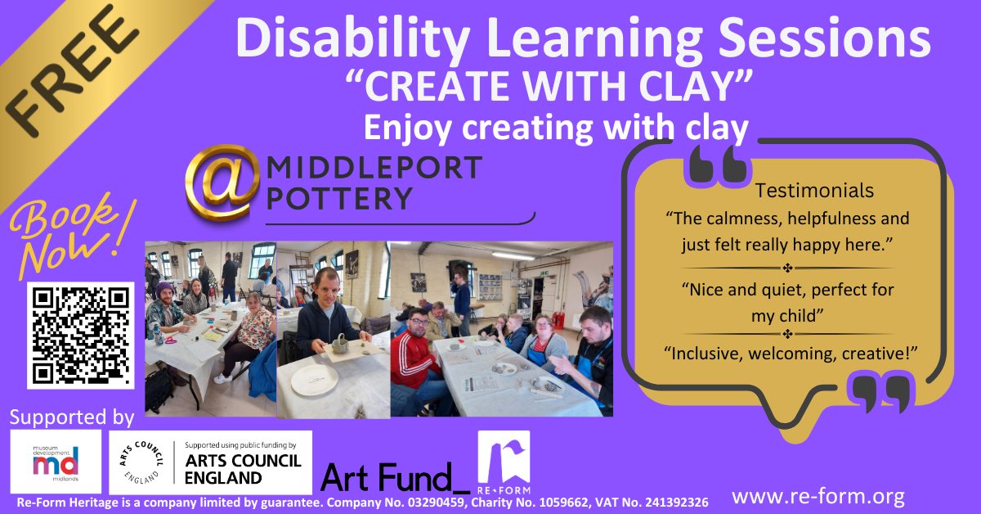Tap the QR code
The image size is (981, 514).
pyautogui.click(x=80, y=334)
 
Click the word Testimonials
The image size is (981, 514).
pyautogui.click(x=814, y=191)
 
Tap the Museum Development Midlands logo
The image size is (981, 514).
pyautogui.click(x=56, y=462)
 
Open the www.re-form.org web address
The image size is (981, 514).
pyautogui.click(x=817, y=496)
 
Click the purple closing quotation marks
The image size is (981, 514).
pyautogui.click(x=880, y=394)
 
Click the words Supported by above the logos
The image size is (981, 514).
pyautogui.click(x=72, y=417)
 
